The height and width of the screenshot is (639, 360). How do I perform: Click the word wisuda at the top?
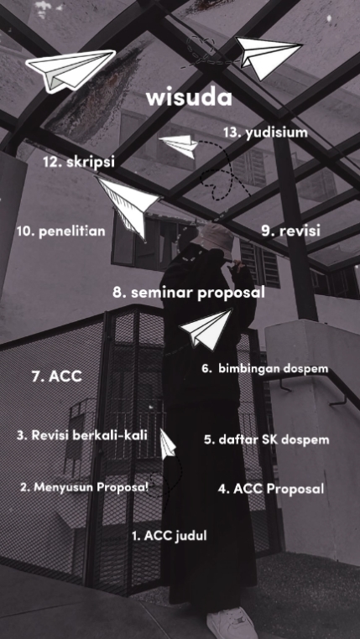pos(189,98)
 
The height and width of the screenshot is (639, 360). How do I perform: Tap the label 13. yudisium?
pos(265,132)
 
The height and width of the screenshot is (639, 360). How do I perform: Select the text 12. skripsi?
pos(78,162)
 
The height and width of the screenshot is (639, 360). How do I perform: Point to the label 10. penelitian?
pos(60,231)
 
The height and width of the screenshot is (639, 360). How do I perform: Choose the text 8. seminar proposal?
pos(188,294)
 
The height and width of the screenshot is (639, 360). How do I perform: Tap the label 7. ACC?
pos(57,377)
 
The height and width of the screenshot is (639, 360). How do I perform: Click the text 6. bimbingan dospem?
pos(264,369)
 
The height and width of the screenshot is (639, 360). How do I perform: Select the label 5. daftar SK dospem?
pos(266,439)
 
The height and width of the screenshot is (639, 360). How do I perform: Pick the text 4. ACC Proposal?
pos(271,488)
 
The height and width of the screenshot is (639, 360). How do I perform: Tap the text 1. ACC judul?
pos(169,535)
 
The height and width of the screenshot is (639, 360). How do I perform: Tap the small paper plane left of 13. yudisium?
pos(180,144)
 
